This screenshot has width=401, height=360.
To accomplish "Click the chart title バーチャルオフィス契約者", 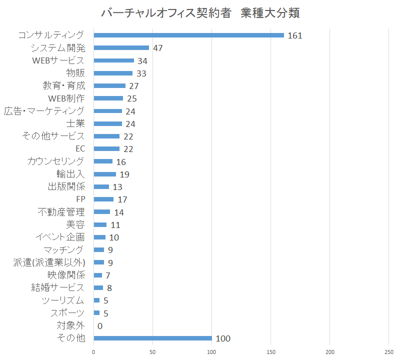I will pos(165,13).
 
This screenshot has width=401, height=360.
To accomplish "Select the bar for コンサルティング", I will pos(188,35).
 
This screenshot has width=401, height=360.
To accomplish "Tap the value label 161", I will pos(295,35).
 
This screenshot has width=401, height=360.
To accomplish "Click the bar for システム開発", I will pos(121,48).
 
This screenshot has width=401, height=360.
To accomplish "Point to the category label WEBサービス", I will pos(58,60).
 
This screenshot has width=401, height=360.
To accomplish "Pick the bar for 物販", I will pos(113,73).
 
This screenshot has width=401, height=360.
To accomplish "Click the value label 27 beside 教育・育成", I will pos(133,86).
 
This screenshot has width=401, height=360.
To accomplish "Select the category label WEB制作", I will pos(66,98).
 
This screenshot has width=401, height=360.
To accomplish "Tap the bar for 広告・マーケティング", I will pos(108,111).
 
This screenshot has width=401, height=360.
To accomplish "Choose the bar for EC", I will pos(106,149).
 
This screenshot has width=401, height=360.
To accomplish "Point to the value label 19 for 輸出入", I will pos(124,174).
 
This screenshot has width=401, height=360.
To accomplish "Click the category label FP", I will pos(80,199).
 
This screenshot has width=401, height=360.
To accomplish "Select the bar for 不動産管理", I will pos(102,212).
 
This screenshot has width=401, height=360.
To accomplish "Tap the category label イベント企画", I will pos(60,237).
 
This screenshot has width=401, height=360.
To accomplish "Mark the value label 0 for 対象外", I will pos(100,326).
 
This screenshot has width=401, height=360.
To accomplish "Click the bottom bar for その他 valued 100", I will pos(153,338).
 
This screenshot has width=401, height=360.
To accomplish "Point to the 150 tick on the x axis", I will pos(271,352).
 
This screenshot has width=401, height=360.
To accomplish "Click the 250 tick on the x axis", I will pos(389,352).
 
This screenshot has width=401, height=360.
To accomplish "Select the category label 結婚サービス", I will pos(58,287).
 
